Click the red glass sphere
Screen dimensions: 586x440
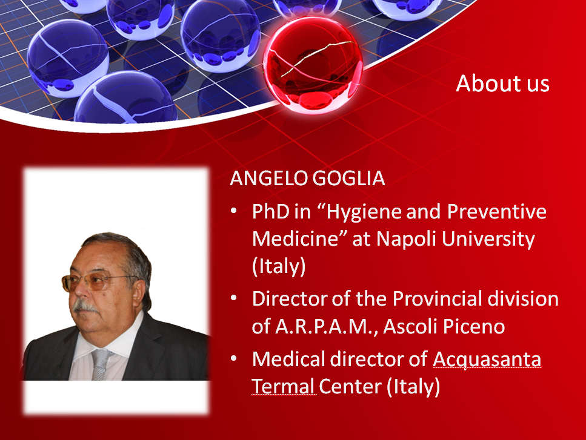click(x=313, y=65)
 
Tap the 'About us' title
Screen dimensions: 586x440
click(x=502, y=83)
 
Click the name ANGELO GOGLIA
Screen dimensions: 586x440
click(x=307, y=178)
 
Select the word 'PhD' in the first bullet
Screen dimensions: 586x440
click(x=270, y=211)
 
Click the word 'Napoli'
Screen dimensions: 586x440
click(x=407, y=239)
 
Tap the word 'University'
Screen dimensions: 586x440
click(x=488, y=239)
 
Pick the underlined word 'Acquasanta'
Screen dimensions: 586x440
click(x=487, y=360)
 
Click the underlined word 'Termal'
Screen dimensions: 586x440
click(x=283, y=386)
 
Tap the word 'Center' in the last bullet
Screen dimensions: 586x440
click(x=350, y=386)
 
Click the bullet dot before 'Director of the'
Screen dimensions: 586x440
click(x=234, y=298)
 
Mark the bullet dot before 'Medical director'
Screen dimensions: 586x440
click(x=234, y=358)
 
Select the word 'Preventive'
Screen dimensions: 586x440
click(x=497, y=211)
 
